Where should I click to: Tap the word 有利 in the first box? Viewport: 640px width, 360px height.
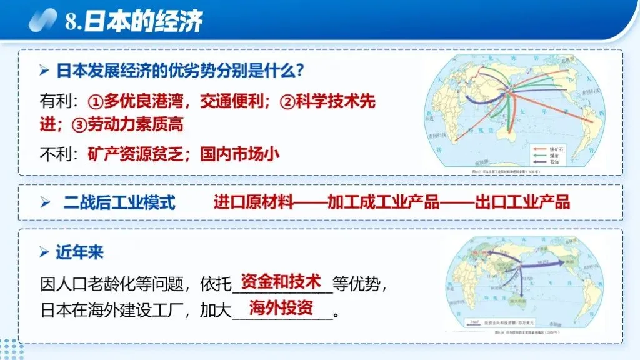(52, 102)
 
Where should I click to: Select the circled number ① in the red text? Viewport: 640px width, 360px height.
(95, 102)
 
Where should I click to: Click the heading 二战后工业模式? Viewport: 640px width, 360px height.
(119, 203)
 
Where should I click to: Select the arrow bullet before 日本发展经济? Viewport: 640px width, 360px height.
(44, 71)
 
